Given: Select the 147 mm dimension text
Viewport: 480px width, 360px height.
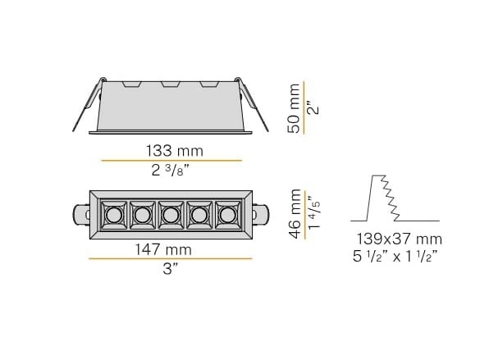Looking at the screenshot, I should [171, 249].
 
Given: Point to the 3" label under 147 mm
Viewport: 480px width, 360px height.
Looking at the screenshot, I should [171, 270].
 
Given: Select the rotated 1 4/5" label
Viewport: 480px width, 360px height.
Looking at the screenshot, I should [312, 213].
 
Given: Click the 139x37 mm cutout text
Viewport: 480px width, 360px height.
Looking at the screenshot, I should [400, 239].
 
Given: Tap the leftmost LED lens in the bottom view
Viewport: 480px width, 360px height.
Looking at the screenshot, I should [112, 216].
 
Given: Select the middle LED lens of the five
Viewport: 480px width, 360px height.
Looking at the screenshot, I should [171, 216].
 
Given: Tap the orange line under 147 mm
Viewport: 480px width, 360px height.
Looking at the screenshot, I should [171, 259].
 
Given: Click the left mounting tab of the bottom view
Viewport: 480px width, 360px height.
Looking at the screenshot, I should [80, 216].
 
